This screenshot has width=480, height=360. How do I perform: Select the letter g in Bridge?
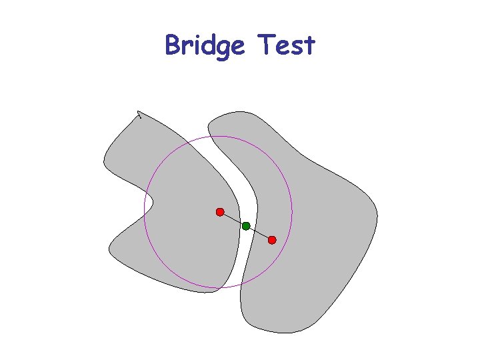click(x=220, y=49)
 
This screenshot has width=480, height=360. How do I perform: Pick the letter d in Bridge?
click(x=205, y=45)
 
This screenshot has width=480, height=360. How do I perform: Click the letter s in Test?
click(x=296, y=47)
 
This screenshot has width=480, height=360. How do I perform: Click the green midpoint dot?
click(x=246, y=226)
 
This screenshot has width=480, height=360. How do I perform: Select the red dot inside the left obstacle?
click(x=219, y=212)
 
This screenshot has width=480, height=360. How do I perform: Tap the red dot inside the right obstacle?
click(x=272, y=240)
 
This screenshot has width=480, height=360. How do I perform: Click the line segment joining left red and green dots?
click(x=233, y=219)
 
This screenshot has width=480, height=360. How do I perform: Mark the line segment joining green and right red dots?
click(x=259, y=233)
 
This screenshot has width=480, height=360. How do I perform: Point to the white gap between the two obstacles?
click(x=235, y=173)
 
